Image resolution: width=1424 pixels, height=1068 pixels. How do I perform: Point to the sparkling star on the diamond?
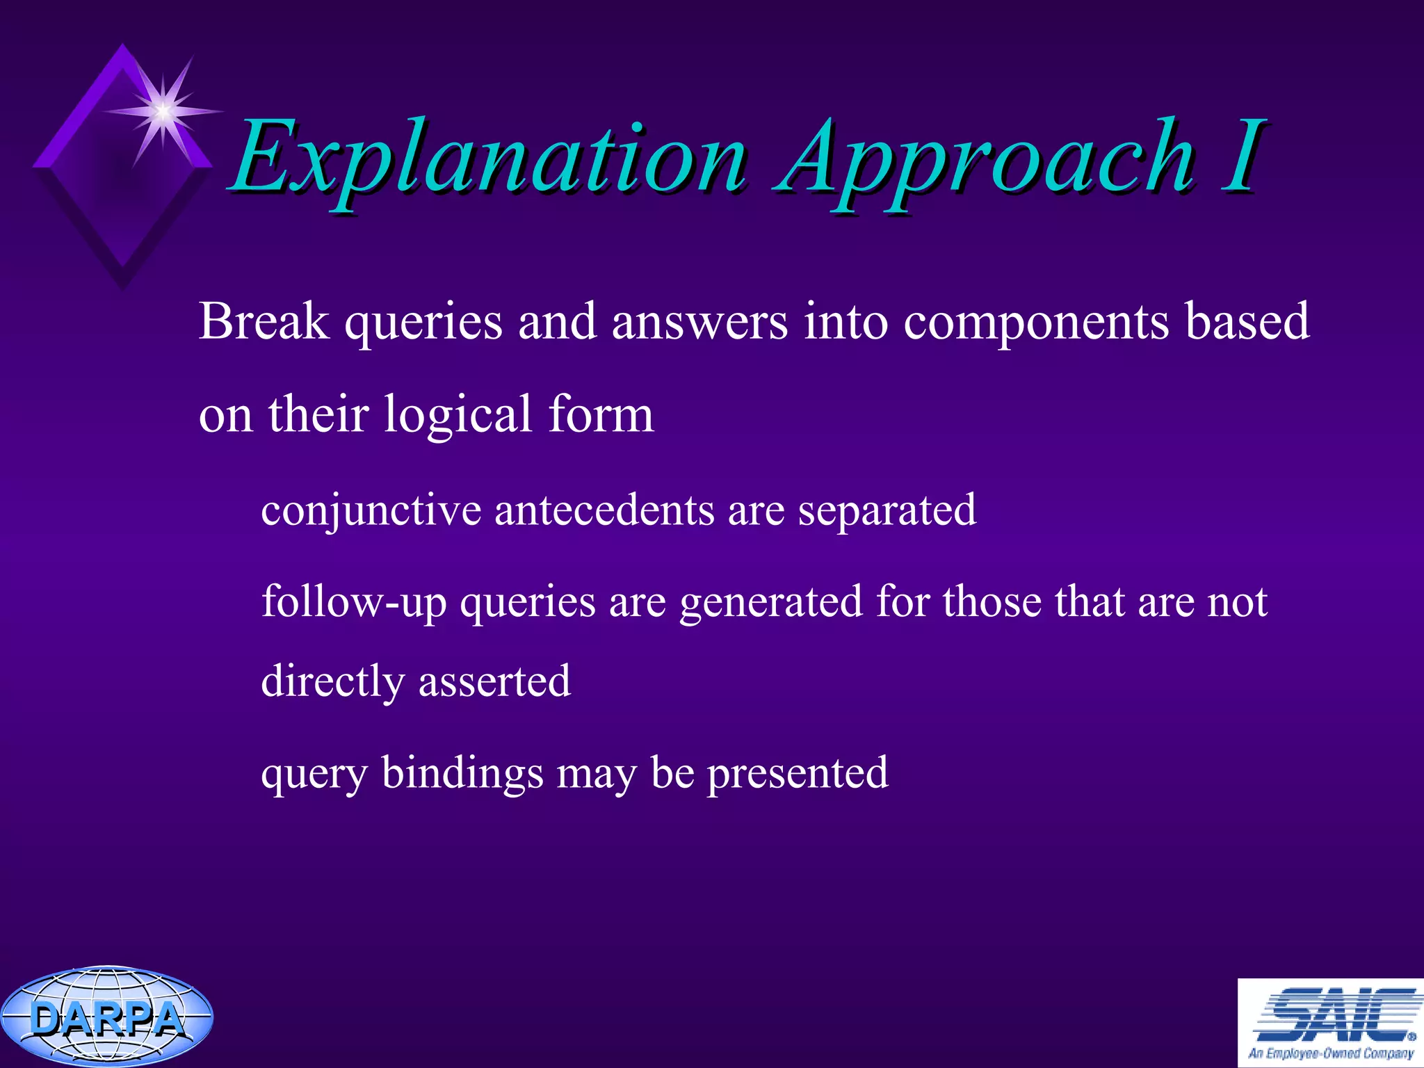point(163,110)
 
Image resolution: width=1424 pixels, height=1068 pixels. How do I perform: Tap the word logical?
point(458,414)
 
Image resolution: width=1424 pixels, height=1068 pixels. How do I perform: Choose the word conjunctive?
point(371,511)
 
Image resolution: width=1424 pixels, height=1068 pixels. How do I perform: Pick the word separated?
point(887,511)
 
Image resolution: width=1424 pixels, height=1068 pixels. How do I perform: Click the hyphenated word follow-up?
point(354,602)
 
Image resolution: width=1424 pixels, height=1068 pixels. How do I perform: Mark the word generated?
point(770,602)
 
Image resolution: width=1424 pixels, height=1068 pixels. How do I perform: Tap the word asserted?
point(494,681)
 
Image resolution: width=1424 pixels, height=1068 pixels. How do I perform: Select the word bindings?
point(462,773)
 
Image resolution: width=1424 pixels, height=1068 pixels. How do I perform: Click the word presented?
point(798,773)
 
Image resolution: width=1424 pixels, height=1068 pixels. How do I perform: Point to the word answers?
point(699,323)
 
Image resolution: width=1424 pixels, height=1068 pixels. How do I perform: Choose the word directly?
point(332,682)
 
